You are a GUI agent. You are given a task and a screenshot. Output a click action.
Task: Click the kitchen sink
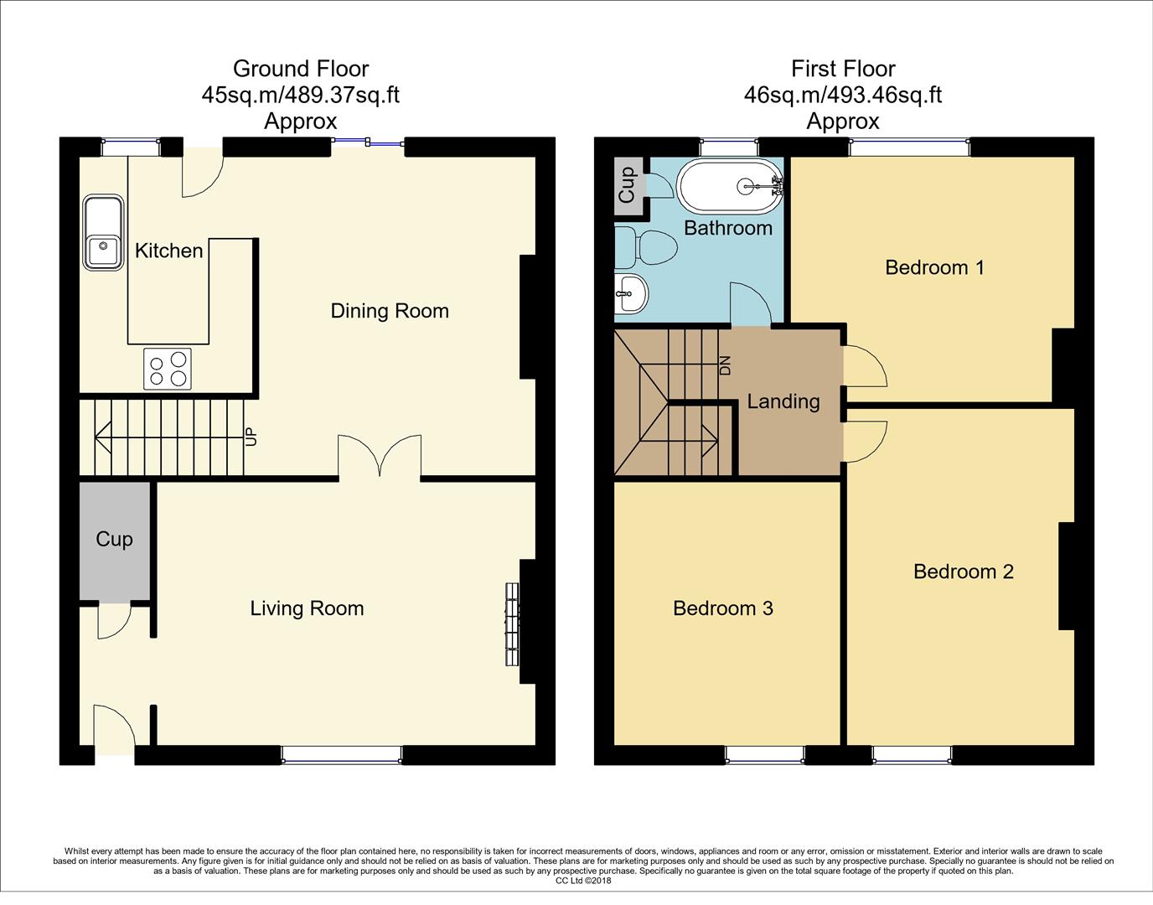click(103, 233)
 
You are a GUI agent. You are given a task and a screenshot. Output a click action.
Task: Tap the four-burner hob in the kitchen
click(167, 369)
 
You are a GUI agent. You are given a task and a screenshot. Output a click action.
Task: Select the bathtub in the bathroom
click(729, 187)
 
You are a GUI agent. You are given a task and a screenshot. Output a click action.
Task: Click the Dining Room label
click(390, 311)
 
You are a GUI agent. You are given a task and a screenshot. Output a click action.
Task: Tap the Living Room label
click(307, 608)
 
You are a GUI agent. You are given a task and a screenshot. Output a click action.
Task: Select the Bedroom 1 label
click(934, 267)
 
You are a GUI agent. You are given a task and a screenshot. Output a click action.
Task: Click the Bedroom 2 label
click(963, 571)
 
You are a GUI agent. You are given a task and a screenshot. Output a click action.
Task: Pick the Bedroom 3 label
click(722, 608)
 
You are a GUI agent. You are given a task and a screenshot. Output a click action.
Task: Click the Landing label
click(783, 401)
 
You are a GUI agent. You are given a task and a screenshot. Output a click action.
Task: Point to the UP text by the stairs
click(250, 437)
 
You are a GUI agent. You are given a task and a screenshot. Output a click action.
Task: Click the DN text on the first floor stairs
click(726, 365)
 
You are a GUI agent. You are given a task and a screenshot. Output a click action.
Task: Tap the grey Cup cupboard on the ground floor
click(115, 540)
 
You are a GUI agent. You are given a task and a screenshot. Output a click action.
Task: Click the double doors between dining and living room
click(380, 457)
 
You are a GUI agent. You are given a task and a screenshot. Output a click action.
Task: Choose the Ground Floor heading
click(300, 69)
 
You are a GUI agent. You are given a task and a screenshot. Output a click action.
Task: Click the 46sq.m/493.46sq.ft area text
click(842, 95)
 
